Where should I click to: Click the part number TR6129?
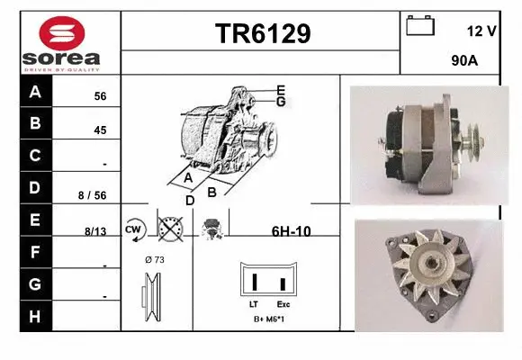pyautogui.click(x=262, y=34)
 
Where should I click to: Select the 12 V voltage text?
pyautogui.click(x=482, y=31)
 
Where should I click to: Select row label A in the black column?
pyautogui.click(x=35, y=92)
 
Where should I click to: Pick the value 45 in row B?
pyautogui.click(x=100, y=130)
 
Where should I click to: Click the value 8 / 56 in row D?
pyautogui.click(x=93, y=194)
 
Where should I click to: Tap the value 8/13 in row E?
pyautogui.click(x=94, y=231)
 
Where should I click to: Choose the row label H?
pyautogui.click(x=35, y=316)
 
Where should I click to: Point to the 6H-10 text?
pyautogui.click(x=291, y=231)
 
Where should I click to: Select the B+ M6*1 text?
pyautogui.click(x=268, y=319)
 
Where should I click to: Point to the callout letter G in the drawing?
pyautogui.click(x=281, y=102)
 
